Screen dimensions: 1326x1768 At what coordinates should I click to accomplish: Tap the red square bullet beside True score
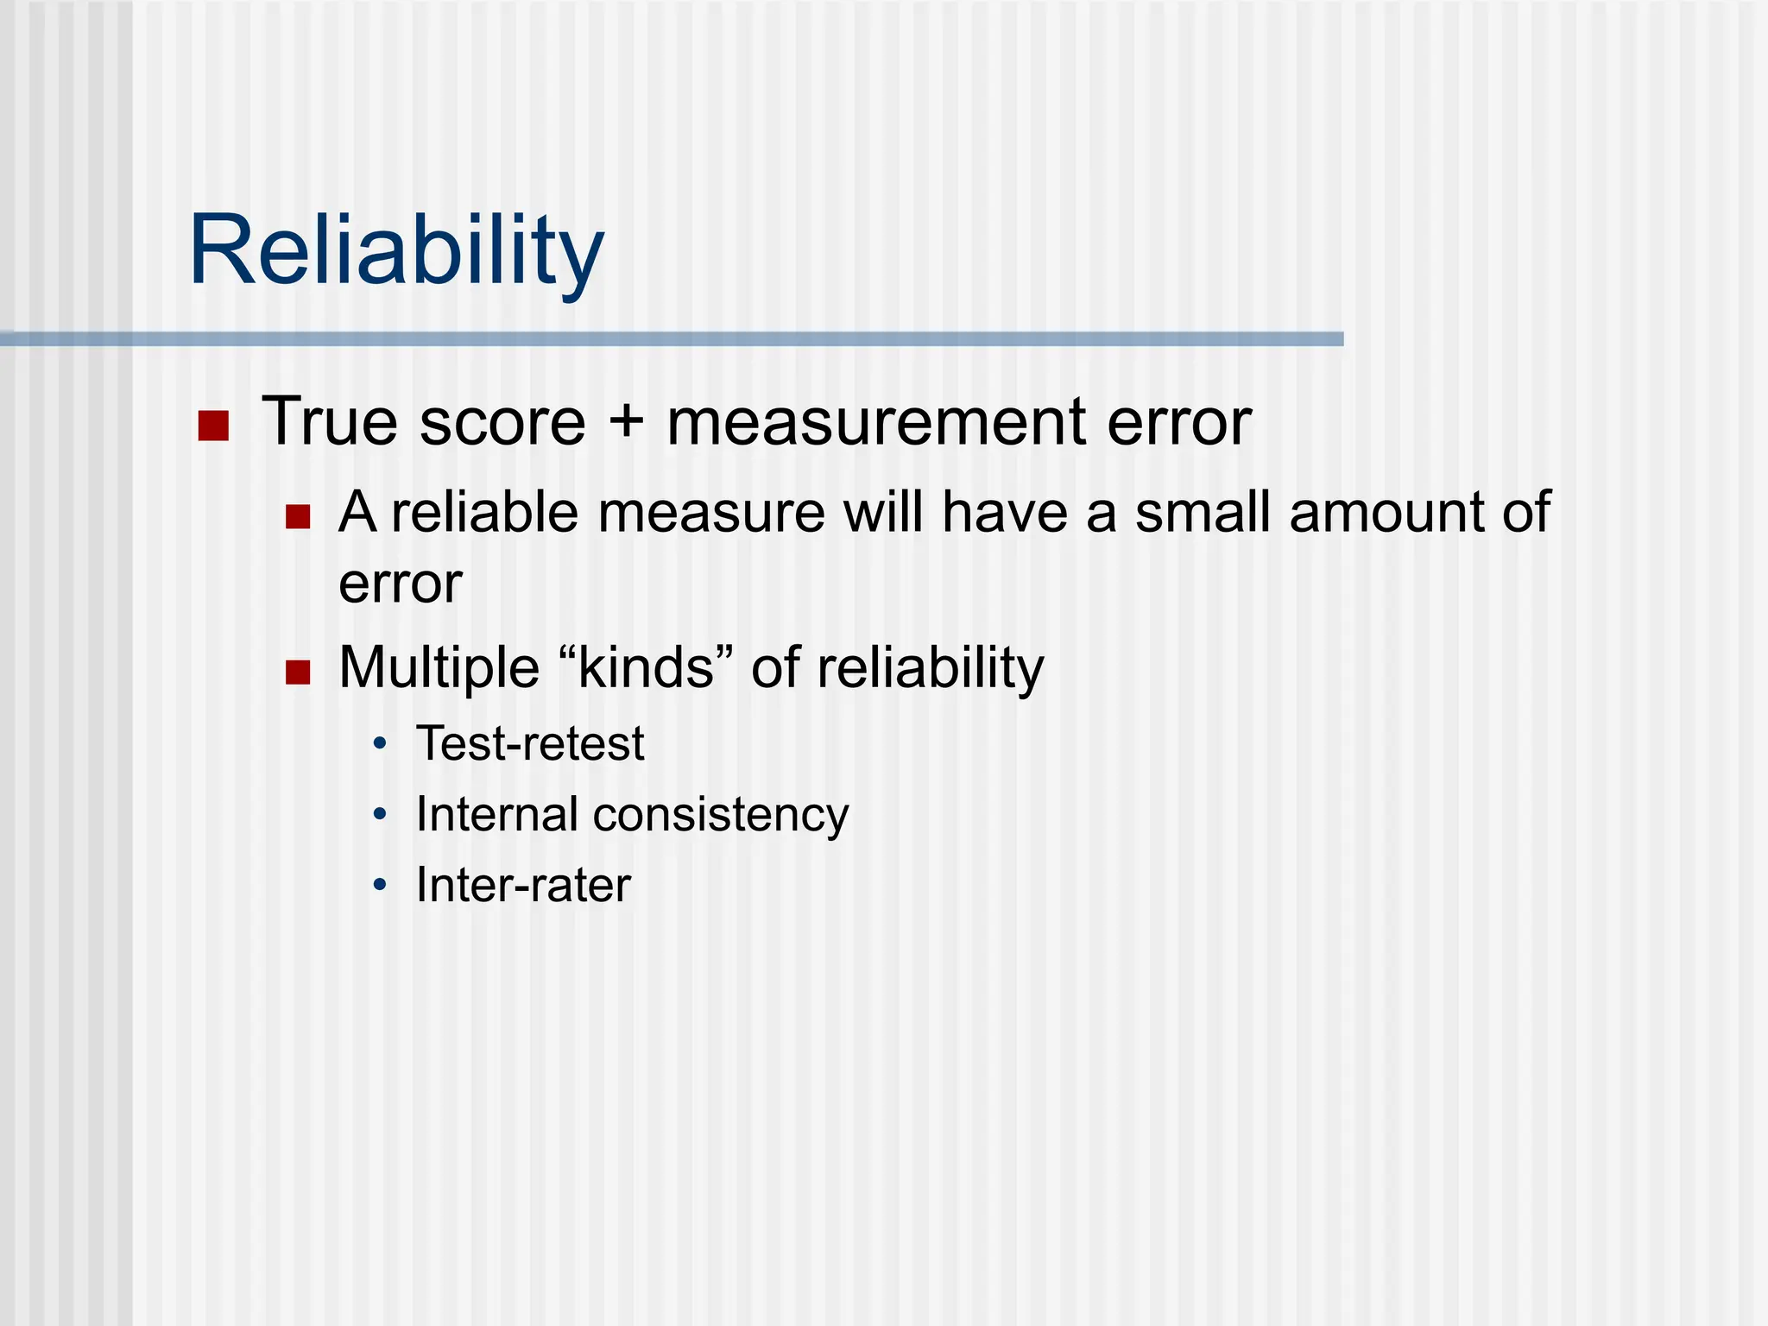pyautogui.click(x=213, y=426)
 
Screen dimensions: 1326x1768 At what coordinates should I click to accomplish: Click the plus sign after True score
pyautogui.click(x=626, y=423)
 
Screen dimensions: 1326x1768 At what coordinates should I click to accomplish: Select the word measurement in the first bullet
pyautogui.click(x=875, y=423)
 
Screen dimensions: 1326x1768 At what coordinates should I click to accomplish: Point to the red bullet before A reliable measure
pyautogui.click(x=298, y=516)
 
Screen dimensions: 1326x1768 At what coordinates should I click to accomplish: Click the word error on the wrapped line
pyautogui.click(x=401, y=584)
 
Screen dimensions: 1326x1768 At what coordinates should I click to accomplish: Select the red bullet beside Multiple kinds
pyautogui.click(x=298, y=672)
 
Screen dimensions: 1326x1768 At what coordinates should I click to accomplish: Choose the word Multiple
pyautogui.click(x=439, y=668)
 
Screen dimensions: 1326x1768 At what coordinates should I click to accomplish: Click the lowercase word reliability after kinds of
pyautogui.click(x=931, y=668)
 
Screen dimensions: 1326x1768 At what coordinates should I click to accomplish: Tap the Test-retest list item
pyautogui.click(x=530, y=743)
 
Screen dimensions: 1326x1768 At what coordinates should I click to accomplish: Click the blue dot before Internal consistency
pyautogui.click(x=380, y=814)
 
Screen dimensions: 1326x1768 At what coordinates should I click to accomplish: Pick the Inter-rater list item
pyautogui.click(x=523, y=885)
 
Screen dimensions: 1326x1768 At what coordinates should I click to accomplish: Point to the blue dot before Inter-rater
pyautogui.click(x=380, y=885)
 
